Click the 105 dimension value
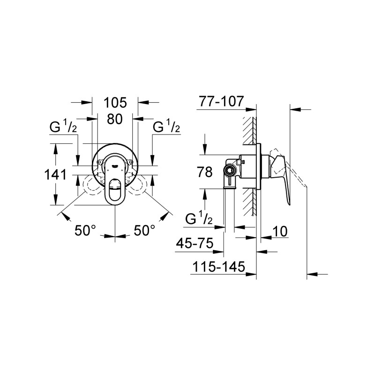[x=115, y=103]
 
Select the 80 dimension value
[x=115, y=119]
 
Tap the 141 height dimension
[x=55, y=174]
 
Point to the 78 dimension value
[x=204, y=172]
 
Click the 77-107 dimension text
[x=221, y=101]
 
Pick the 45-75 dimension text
[x=195, y=243]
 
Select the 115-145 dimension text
[x=219, y=266]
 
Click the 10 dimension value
[x=280, y=231]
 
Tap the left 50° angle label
[x=85, y=231]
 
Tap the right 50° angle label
[x=144, y=231]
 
